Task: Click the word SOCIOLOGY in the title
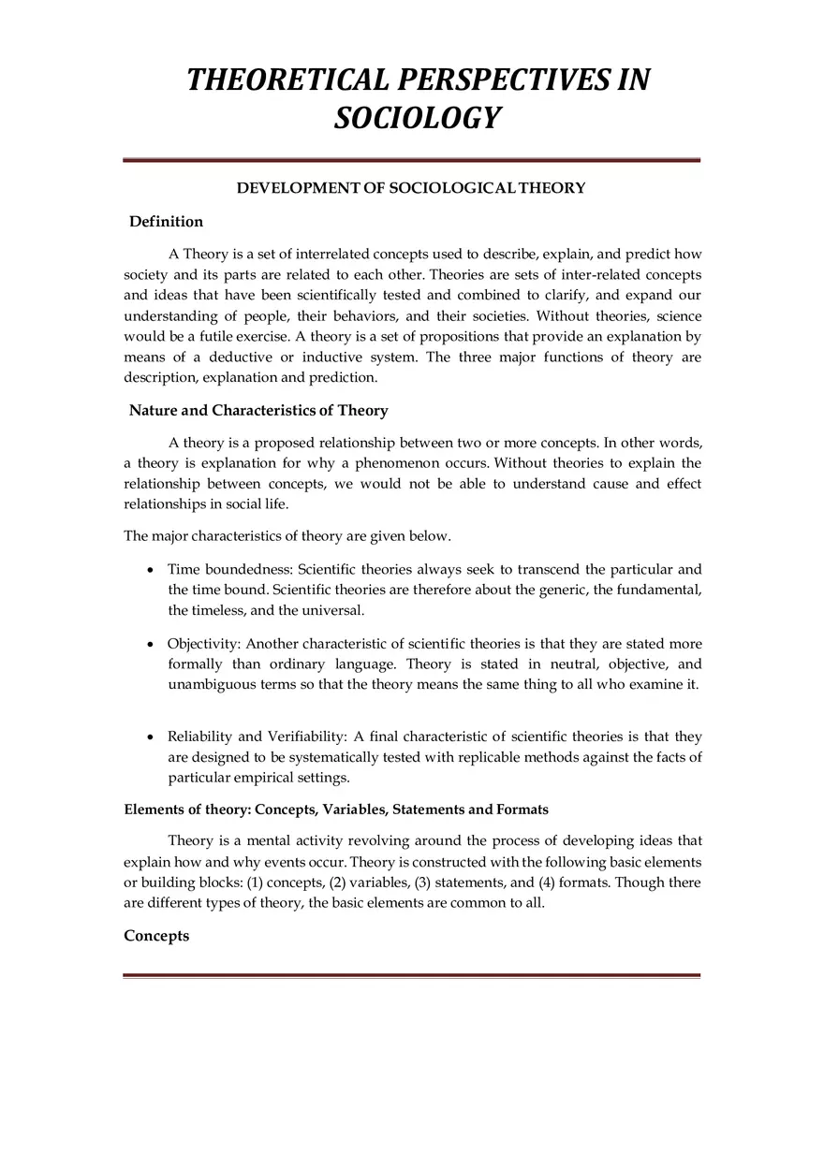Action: tap(418, 119)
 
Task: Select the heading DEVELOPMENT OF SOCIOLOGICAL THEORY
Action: tap(411, 188)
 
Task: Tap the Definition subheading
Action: tap(166, 222)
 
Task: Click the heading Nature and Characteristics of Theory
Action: tap(258, 411)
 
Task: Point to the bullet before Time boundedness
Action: tap(151, 570)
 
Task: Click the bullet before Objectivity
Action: tap(151, 645)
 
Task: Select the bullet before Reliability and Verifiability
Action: tap(151, 737)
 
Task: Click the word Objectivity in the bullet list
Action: tap(203, 644)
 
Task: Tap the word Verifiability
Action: tap(307, 737)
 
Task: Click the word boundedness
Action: tap(249, 569)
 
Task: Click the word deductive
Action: tap(243, 357)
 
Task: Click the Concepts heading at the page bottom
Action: tap(156, 936)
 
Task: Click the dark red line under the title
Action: tap(411, 160)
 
